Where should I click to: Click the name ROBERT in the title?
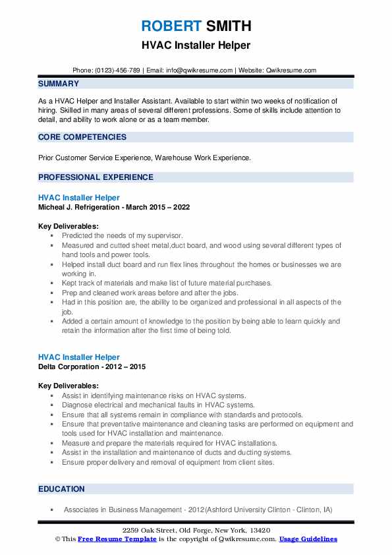170,26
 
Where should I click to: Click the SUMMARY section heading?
59,84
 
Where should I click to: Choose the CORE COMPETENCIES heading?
82,137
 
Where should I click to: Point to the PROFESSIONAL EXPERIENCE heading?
96,177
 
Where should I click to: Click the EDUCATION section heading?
61,489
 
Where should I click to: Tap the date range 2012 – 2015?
128,366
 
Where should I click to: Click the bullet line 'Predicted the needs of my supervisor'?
122,235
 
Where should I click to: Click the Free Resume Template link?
108,539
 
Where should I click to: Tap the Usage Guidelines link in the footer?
308,539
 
